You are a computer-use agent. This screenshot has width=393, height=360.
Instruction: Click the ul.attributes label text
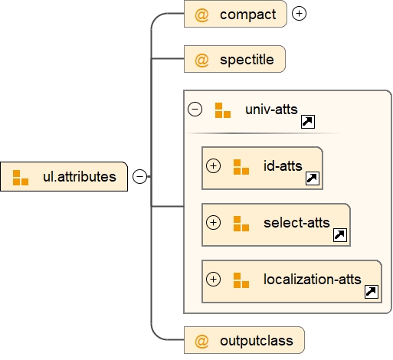79,177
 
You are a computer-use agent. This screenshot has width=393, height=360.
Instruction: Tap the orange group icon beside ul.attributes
21,178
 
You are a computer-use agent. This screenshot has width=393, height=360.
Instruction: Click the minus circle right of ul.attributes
139,177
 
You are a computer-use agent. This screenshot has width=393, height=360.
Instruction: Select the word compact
247,15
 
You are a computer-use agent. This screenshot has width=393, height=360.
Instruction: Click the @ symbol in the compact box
201,15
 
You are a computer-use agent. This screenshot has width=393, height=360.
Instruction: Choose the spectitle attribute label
247,60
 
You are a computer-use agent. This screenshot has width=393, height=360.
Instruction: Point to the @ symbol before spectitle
201,60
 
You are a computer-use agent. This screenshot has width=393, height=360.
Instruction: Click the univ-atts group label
271,109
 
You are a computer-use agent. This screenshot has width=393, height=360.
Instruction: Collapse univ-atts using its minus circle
195,109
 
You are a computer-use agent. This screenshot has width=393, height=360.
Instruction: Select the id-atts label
283,165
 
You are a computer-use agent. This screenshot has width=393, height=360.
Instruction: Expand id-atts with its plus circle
214,165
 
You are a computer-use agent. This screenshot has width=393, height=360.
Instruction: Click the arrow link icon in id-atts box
312,178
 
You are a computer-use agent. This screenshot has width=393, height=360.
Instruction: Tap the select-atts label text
296,223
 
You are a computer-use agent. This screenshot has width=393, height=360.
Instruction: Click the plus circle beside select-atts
214,223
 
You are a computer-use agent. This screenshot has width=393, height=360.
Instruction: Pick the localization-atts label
313,280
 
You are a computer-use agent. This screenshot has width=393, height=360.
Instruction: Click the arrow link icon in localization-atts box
371,292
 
